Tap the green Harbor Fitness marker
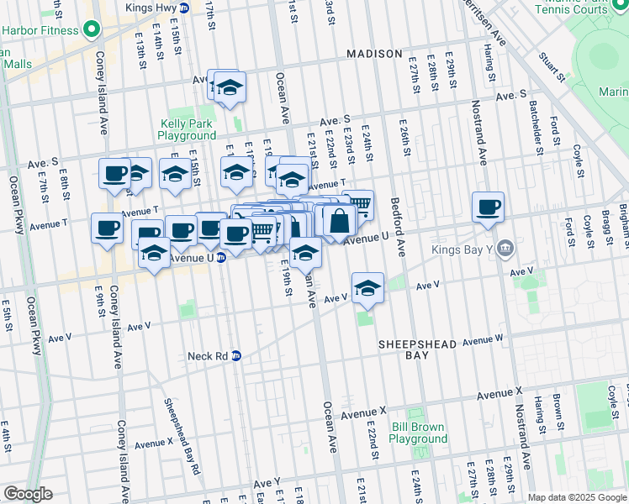tap(91, 31)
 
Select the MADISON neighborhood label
tap(374, 54)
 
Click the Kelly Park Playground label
tap(188, 129)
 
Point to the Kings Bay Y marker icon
tap(505, 248)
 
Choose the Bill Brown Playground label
tap(418, 433)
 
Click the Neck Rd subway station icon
tap(236, 355)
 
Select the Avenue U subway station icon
tap(220, 258)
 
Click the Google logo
tap(29, 493)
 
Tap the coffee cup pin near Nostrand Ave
tap(488, 207)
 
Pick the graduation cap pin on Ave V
tap(367, 288)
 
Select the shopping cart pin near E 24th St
tap(358, 204)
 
